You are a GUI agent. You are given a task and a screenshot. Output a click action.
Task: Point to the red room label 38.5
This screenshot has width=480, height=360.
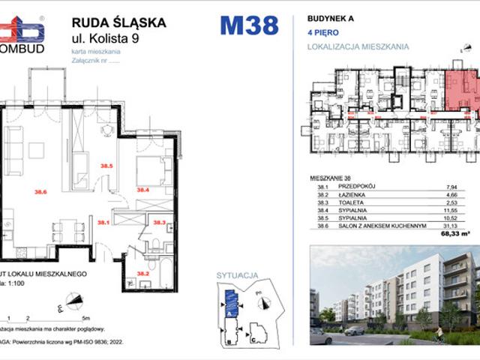tap(106, 165)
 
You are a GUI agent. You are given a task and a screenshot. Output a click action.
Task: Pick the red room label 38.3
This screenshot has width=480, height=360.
tap(159, 222)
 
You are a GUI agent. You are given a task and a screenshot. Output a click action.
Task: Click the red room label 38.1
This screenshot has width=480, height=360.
tap(103, 222)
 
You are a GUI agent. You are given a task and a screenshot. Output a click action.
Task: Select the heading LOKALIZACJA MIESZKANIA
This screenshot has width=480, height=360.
tap(358, 46)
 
